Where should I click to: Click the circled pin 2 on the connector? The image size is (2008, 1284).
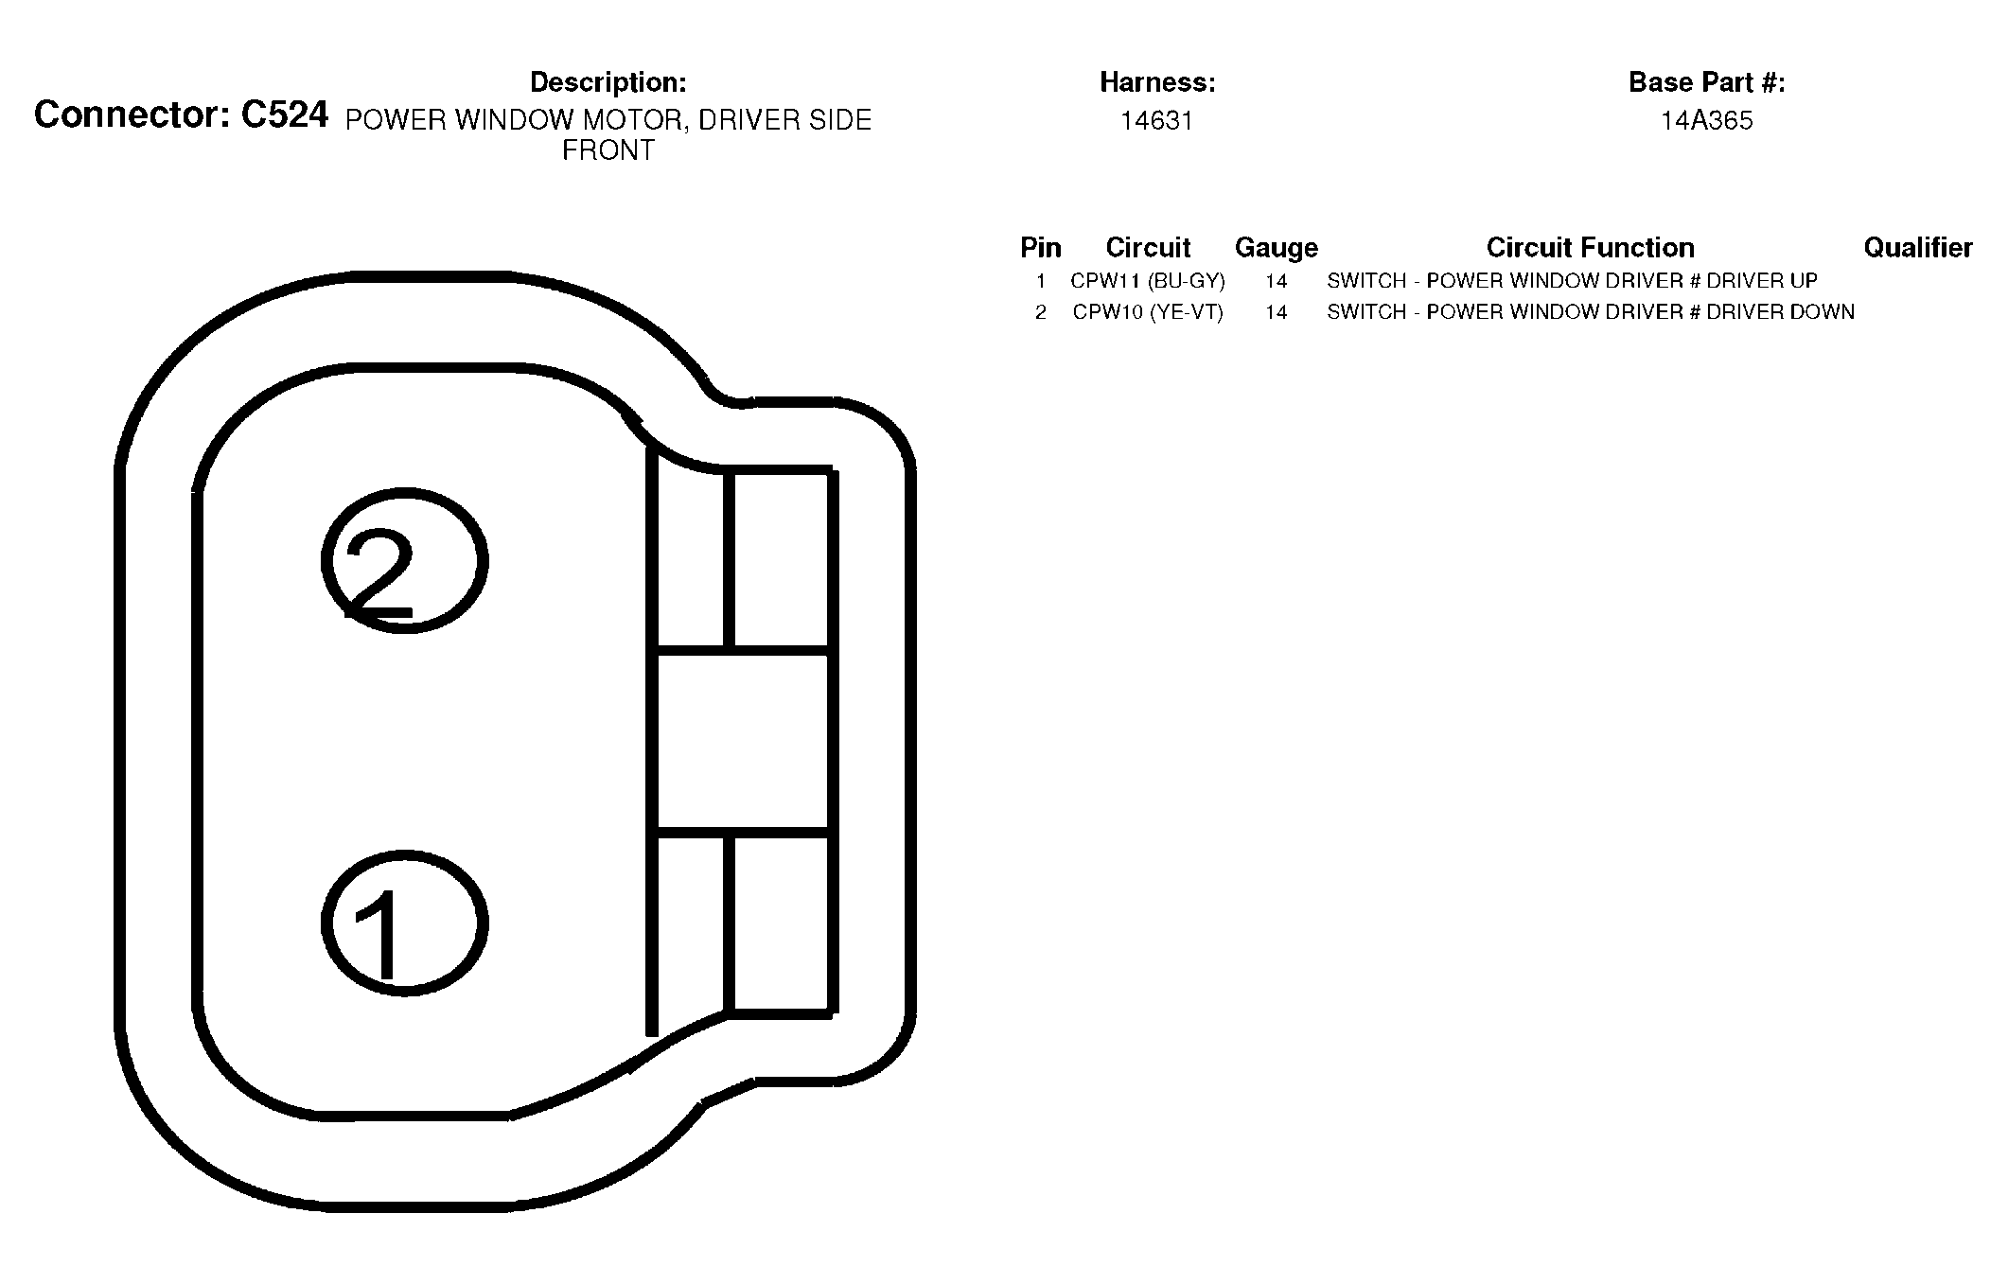405,560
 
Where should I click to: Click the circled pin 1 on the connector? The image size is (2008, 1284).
405,923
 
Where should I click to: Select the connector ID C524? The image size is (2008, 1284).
285,114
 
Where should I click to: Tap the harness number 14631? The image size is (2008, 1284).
1156,121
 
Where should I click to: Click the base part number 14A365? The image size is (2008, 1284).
1707,121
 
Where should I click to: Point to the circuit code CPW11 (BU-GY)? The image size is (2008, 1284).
1148,281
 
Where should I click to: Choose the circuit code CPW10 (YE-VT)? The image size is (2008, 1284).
1148,312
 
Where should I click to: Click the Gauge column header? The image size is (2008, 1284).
1277,248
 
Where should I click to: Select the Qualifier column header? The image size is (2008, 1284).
1918,248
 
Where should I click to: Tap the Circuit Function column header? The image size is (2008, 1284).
1590,248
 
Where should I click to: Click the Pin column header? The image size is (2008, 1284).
1041,248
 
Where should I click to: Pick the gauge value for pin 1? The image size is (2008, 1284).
1276,281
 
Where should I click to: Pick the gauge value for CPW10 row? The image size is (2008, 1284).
1276,312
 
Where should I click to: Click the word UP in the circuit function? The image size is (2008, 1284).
1802,281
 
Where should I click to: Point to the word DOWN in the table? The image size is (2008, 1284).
1819,312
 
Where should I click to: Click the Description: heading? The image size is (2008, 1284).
608,82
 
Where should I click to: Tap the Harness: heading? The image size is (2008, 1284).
1157,82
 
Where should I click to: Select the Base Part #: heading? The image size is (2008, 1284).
1707,82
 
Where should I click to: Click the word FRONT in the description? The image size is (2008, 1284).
608,151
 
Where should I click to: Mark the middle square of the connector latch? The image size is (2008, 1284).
743,742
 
